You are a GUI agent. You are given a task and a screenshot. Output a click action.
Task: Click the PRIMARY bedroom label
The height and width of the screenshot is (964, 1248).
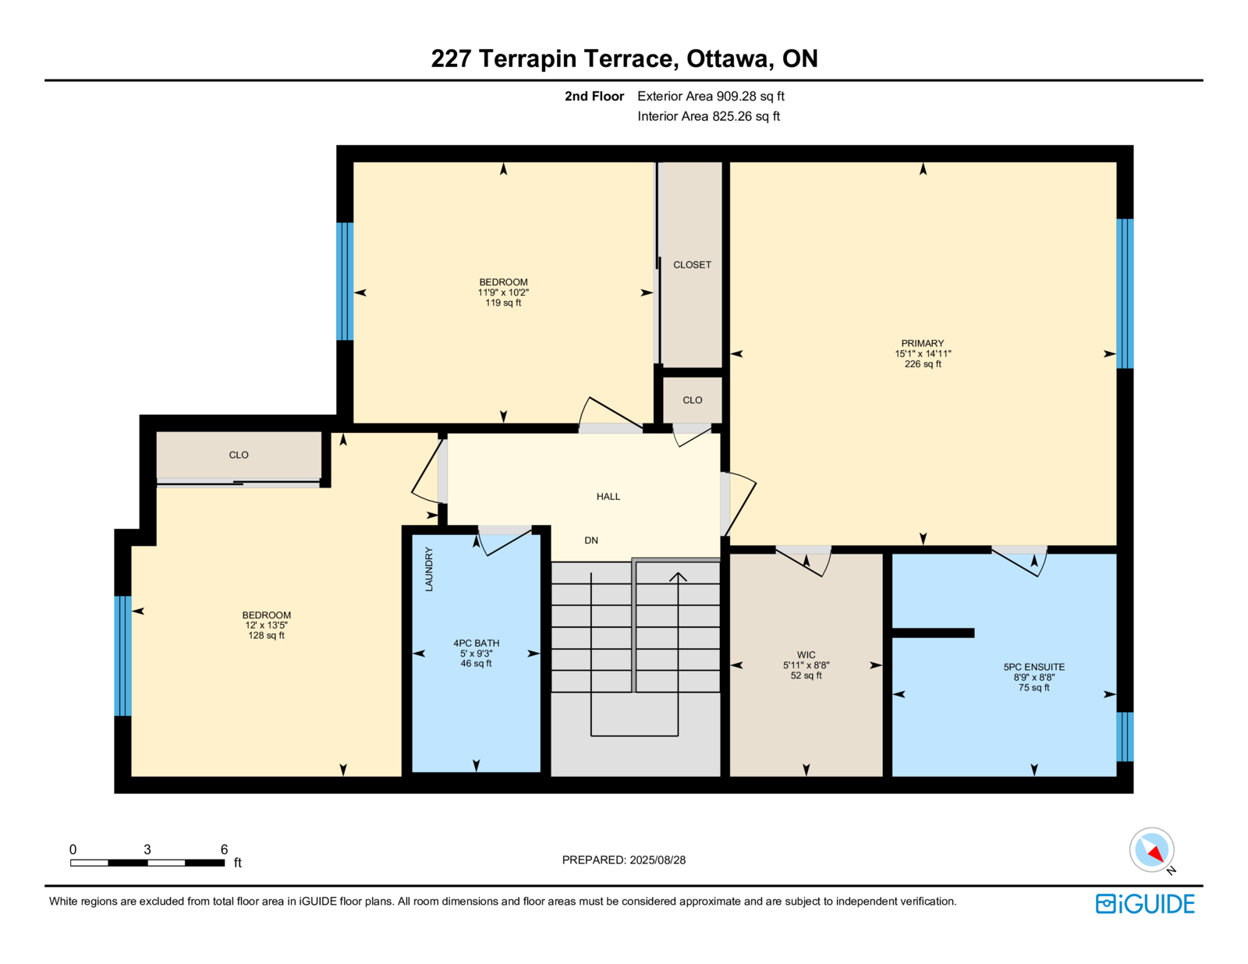click(x=923, y=343)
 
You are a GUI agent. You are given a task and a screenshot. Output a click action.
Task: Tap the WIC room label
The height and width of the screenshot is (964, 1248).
click(x=806, y=655)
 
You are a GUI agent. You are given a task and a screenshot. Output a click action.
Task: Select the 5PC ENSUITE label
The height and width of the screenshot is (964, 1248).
click(x=1033, y=667)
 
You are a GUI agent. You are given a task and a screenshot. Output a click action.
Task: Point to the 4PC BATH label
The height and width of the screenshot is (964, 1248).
click(x=476, y=643)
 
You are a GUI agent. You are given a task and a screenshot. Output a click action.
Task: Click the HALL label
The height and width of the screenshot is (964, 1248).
click(x=608, y=497)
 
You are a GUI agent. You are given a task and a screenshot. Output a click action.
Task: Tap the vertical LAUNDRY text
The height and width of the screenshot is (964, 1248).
click(x=429, y=569)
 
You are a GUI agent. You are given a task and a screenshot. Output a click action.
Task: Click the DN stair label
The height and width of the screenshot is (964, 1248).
click(x=591, y=540)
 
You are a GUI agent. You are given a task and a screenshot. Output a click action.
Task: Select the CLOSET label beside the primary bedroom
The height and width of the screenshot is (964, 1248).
click(x=692, y=264)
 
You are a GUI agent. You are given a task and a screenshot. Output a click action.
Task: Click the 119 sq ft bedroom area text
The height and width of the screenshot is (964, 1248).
click(x=503, y=303)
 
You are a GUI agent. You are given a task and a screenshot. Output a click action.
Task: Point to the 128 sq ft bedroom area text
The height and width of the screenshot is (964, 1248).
click(x=266, y=636)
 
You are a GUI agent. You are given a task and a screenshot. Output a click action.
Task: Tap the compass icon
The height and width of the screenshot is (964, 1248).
click(x=1151, y=850)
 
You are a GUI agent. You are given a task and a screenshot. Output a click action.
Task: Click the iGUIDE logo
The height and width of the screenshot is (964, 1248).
click(x=1144, y=904)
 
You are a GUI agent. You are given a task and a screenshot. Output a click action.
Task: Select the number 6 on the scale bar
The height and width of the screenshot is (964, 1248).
click(x=224, y=849)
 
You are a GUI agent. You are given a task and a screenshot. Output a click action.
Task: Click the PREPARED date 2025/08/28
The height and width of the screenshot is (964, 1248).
click(x=658, y=860)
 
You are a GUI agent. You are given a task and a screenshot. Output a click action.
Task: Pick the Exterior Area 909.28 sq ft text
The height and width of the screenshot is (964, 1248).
click(x=711, y=97)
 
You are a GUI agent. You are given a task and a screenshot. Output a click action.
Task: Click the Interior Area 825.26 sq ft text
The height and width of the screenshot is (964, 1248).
click(x=709, y=116)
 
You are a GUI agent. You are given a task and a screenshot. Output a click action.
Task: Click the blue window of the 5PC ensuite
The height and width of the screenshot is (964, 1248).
click(x=1125, y=736)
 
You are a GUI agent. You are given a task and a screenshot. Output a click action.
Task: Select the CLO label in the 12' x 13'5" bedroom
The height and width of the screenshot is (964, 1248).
click(x=239, y=455)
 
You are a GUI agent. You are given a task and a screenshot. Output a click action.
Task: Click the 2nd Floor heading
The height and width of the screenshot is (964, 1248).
click(x=594, y=97)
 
